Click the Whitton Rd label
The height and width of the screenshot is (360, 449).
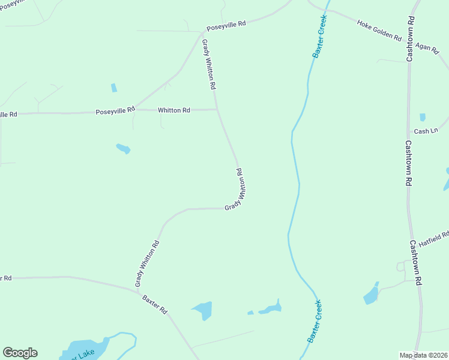(173, 110)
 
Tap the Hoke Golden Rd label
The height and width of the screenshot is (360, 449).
(379, 30)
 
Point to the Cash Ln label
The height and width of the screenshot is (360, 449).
(426, 131)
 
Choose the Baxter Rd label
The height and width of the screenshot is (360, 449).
(155, 304)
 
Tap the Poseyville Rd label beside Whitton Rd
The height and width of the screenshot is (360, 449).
(115, 112)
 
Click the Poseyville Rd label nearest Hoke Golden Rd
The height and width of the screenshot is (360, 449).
(226, 26)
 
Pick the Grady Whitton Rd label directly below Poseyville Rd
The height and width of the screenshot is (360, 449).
(208, 65)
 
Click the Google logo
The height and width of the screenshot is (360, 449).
(20, 353)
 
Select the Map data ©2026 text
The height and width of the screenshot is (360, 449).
(423, 355)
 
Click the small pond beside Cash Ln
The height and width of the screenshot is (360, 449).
(423, 118)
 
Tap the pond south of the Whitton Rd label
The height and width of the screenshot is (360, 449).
(123, 148)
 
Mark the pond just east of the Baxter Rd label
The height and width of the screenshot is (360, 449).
(203, 310)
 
